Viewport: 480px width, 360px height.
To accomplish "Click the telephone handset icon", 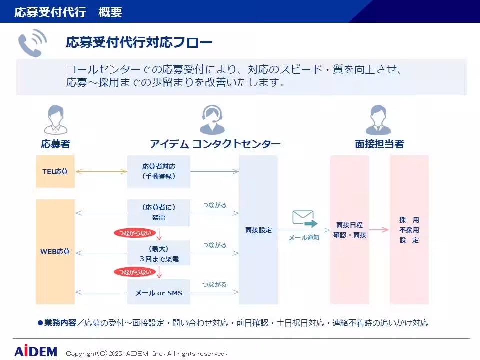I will click(32, 42).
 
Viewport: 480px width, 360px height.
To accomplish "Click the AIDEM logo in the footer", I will click(35, 351).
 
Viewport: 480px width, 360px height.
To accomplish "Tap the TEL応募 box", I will click(55, 171).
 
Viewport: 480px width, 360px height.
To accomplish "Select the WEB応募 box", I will click(55, 251).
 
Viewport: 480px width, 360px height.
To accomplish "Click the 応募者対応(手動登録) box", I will click(159, 171).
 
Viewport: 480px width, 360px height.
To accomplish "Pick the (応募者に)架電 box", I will click(159, 212).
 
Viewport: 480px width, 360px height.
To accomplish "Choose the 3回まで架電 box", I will click(159, 254).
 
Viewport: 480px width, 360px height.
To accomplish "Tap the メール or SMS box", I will click(159, 293).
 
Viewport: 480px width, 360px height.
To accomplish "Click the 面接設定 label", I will click(258, 230).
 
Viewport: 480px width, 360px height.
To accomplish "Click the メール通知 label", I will click(304, 238).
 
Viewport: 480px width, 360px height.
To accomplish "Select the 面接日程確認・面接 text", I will click(350, 230).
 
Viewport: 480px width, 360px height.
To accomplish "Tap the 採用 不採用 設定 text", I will click(409, 230).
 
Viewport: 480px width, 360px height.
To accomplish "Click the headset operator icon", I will click(212, 120).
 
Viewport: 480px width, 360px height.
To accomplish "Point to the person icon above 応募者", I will click(55, 120).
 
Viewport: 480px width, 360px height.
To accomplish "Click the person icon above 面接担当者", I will click(380, 120).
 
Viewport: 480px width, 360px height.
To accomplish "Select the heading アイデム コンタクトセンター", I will click(215, 144).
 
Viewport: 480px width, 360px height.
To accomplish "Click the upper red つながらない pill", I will click(133, 233).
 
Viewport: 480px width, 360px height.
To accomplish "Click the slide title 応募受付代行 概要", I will click(68, 12).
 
